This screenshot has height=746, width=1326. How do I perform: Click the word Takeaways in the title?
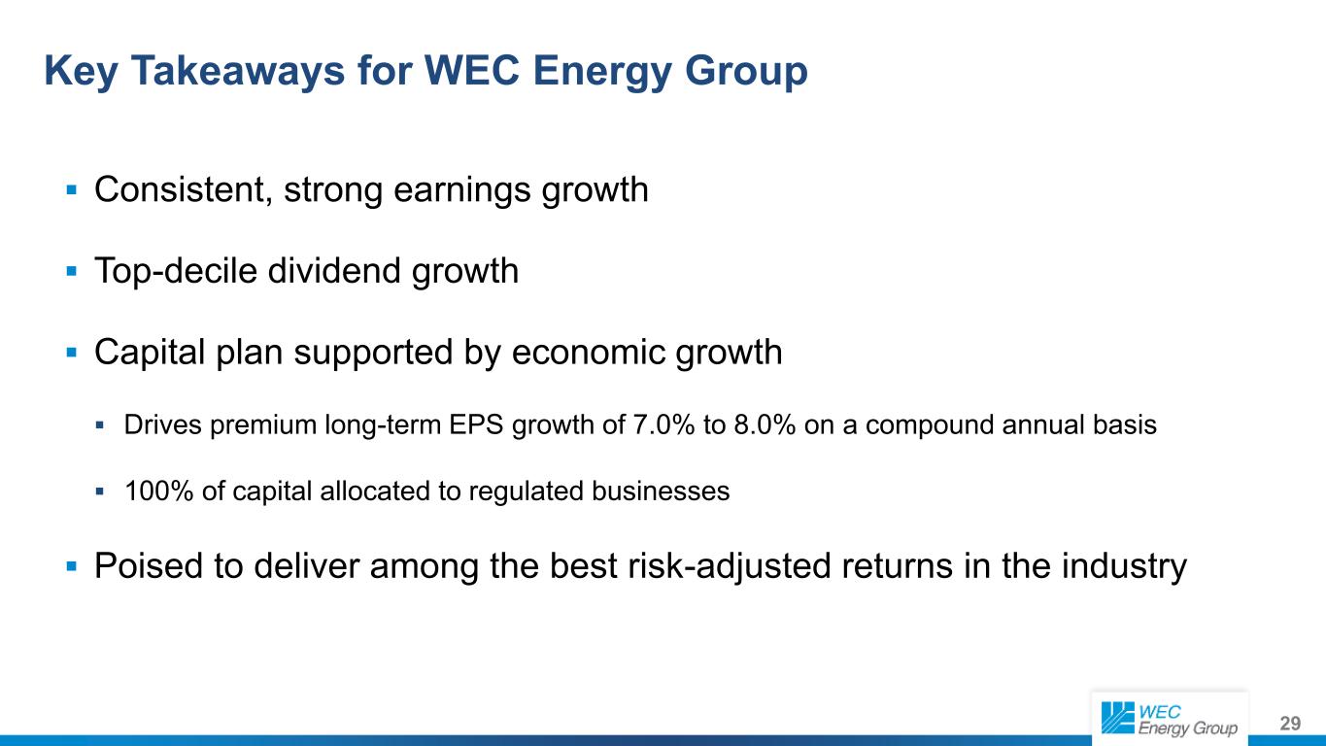(237, 71)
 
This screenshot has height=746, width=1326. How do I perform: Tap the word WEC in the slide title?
(472, 71)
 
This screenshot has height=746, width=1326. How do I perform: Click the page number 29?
(1290, 723)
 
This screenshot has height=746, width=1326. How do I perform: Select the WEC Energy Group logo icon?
(1117, 718)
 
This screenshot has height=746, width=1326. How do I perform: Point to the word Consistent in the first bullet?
(184, 190)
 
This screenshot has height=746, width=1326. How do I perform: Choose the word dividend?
(334, 271)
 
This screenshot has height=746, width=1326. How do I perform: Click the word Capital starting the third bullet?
(150, 354)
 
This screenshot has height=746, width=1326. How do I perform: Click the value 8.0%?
(765, 424)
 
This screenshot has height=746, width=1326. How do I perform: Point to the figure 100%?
(158, 491)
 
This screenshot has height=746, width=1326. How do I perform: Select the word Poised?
(149, 566)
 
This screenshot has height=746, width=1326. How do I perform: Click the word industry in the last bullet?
(1124, 567)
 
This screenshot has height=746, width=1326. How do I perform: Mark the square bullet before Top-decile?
(72, 272)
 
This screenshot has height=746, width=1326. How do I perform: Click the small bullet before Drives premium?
(99, 425)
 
